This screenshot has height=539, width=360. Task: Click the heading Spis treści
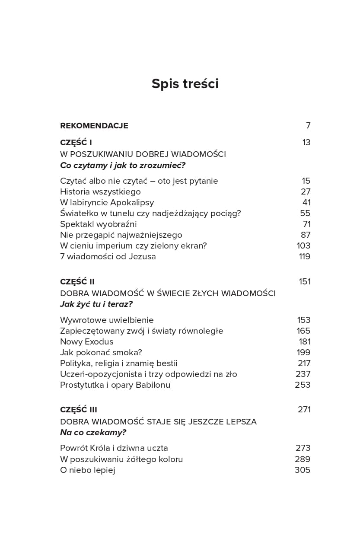tap(185, 84)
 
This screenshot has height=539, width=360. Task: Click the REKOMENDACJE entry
tap(94, 126)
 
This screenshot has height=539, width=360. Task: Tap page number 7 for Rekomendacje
tap(308, 126)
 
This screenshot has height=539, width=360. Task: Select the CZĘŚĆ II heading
tap(77, 282)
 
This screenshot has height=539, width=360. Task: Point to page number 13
tap(306, 143)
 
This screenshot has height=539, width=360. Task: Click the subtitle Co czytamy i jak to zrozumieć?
tap(123, 165)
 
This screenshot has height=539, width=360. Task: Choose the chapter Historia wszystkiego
tap(100, 191)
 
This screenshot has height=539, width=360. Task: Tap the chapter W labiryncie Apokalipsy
tap(107, 202)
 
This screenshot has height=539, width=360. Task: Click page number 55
tap(305, 213)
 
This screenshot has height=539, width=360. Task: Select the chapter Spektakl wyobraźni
tap(98, 224)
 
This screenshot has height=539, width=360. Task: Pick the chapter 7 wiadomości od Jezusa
tap(108, 256)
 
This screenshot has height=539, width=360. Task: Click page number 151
tap(305, 282)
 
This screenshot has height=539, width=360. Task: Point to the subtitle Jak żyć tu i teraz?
tap(96, 304)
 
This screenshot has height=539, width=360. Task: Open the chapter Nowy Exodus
tap(86, 341)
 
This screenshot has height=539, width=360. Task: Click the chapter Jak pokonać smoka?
tap(101, 352)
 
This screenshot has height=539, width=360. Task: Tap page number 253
tap(303, 385)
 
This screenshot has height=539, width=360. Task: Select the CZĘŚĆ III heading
tap(79, 410)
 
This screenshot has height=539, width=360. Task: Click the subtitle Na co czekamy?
tap(93, 432)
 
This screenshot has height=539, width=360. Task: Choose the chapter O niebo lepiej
tap(87, 470)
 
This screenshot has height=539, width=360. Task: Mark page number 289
tap(303, 459)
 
